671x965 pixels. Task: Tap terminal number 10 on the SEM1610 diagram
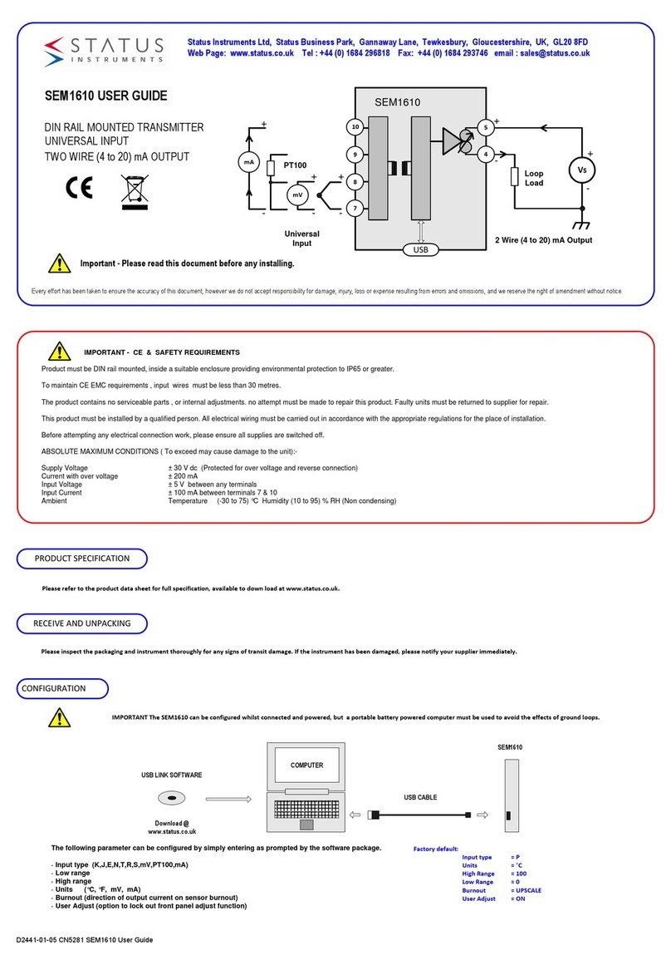click(x=355, y=127)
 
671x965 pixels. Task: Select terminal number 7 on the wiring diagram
click(x=355, y=208)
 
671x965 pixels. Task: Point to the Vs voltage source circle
click(x=580, y=170)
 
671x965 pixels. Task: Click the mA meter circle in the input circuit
click(x=248, y=163)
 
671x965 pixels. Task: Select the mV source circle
click(x=297, y=194)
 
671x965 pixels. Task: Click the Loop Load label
click(x=534, y=178)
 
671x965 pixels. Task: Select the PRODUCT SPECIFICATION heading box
click(x=82, y=559)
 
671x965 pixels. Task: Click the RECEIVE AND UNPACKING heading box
click(x=81, y=623)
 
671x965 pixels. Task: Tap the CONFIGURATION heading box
click(x=62, y=688)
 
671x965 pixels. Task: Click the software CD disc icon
click(x=169, y=799)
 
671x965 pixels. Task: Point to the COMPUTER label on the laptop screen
click(x=306, y=766)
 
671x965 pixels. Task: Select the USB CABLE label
click(x=420, y=797)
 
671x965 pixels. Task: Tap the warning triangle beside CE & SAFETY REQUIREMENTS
click(x=58, y=352)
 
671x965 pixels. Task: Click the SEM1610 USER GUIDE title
click(x=105, y=96)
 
